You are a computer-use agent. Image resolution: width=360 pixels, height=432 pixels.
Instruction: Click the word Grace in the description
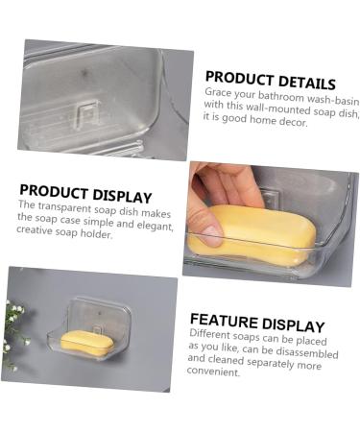tap(219, 93)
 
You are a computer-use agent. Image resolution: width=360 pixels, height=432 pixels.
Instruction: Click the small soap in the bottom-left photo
tap(86, 341)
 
